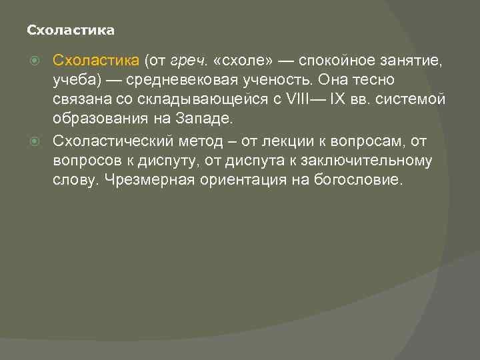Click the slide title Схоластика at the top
[x=70, y=31]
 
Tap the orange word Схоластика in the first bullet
[x=95, y=61]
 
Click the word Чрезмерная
[x=150, y=180]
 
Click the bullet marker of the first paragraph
[x=43, y=61]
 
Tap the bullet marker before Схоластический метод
[x=43, y=141]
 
